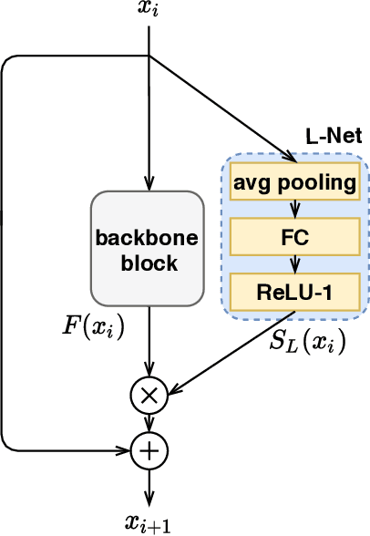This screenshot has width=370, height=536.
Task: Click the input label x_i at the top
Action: coord(148,12)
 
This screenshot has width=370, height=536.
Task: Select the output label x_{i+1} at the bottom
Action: coord(148,522)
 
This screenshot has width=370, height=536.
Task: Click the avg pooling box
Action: coord(293,184)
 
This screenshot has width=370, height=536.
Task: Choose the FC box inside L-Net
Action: coord(293,238)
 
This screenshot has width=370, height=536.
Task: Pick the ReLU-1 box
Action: coord(293,292)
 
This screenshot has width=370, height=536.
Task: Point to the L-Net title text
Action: coord(334,137)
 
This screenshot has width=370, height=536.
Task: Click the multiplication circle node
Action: coord(148,395)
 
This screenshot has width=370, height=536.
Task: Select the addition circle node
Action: coord(148,449)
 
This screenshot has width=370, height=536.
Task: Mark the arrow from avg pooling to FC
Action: coord(293,211)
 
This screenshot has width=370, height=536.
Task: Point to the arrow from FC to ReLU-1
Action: coord(293,264)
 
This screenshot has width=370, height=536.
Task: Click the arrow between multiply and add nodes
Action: coord(148,422)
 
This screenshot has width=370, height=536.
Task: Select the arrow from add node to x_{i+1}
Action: coord(148,483)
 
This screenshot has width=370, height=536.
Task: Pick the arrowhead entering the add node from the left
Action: coord(126,449)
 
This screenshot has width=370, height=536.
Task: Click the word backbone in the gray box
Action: coord(148,239)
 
